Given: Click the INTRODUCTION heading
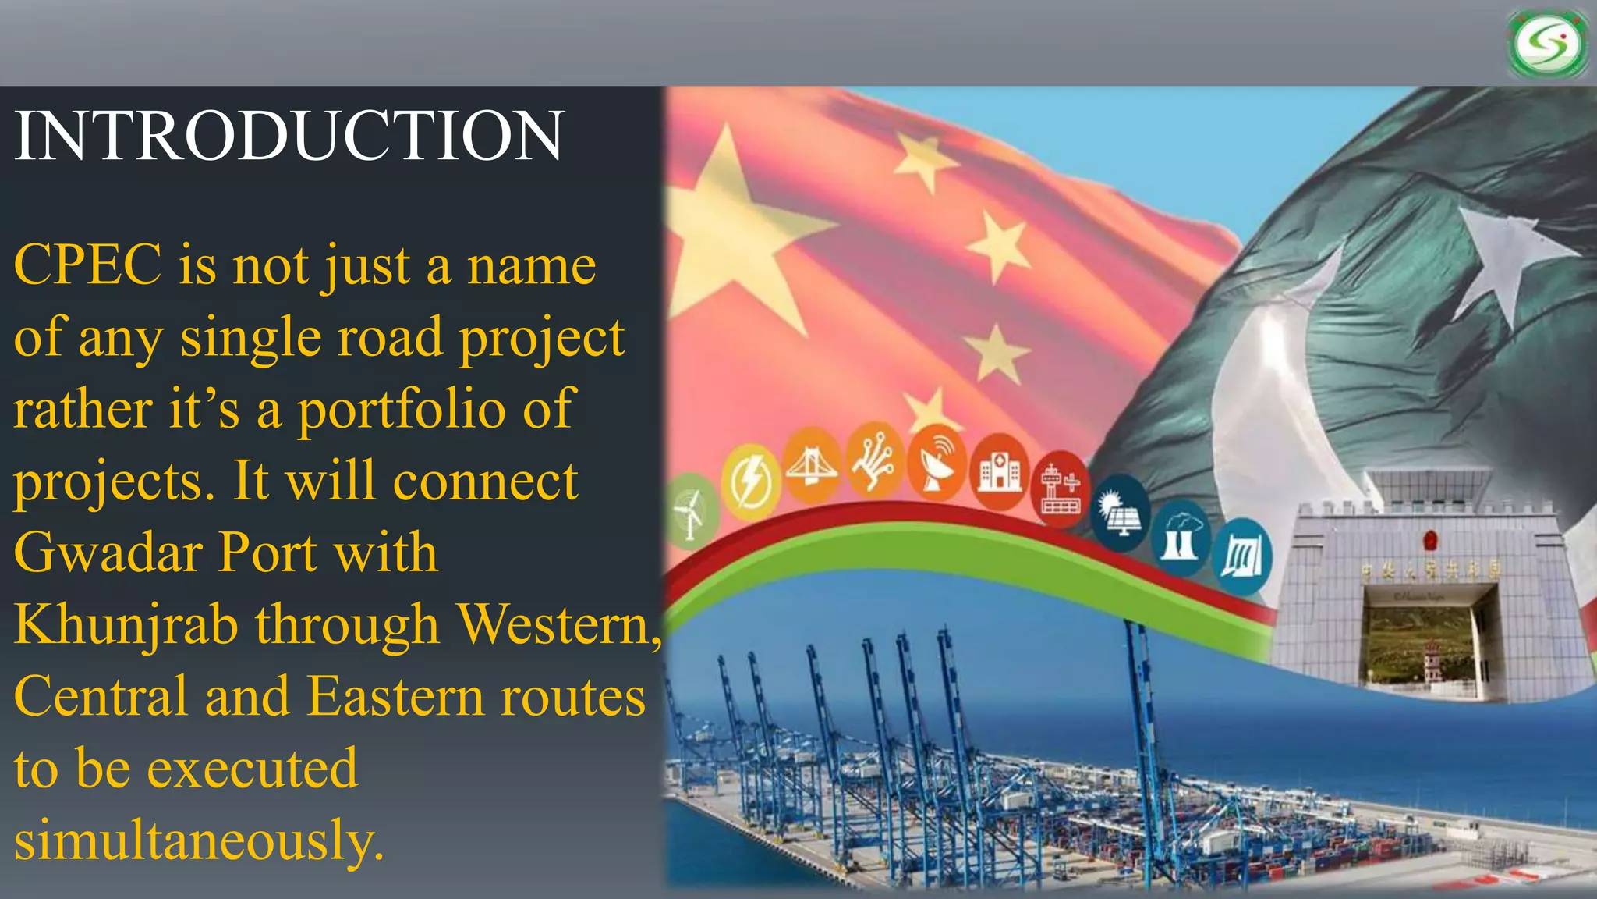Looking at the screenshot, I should pos(289,137).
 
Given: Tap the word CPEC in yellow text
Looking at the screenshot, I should pos(87,265).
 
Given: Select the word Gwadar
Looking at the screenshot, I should pos(108,553).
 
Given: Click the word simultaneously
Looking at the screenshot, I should pos(199,841).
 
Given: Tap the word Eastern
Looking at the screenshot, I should pos(395,696).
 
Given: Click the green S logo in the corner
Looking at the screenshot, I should pos(1548,44).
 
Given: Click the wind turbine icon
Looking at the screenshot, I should pos(691,512).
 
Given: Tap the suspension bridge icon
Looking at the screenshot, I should pos(811,467).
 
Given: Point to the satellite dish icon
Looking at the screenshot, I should pos(937,465).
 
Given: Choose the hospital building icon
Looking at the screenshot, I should pos(999,471).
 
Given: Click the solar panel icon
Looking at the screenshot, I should pos(1121,513).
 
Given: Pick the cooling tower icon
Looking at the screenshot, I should pos(1181,538).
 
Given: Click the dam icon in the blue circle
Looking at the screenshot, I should pos(1242,556).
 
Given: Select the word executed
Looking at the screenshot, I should pos(253,769).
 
